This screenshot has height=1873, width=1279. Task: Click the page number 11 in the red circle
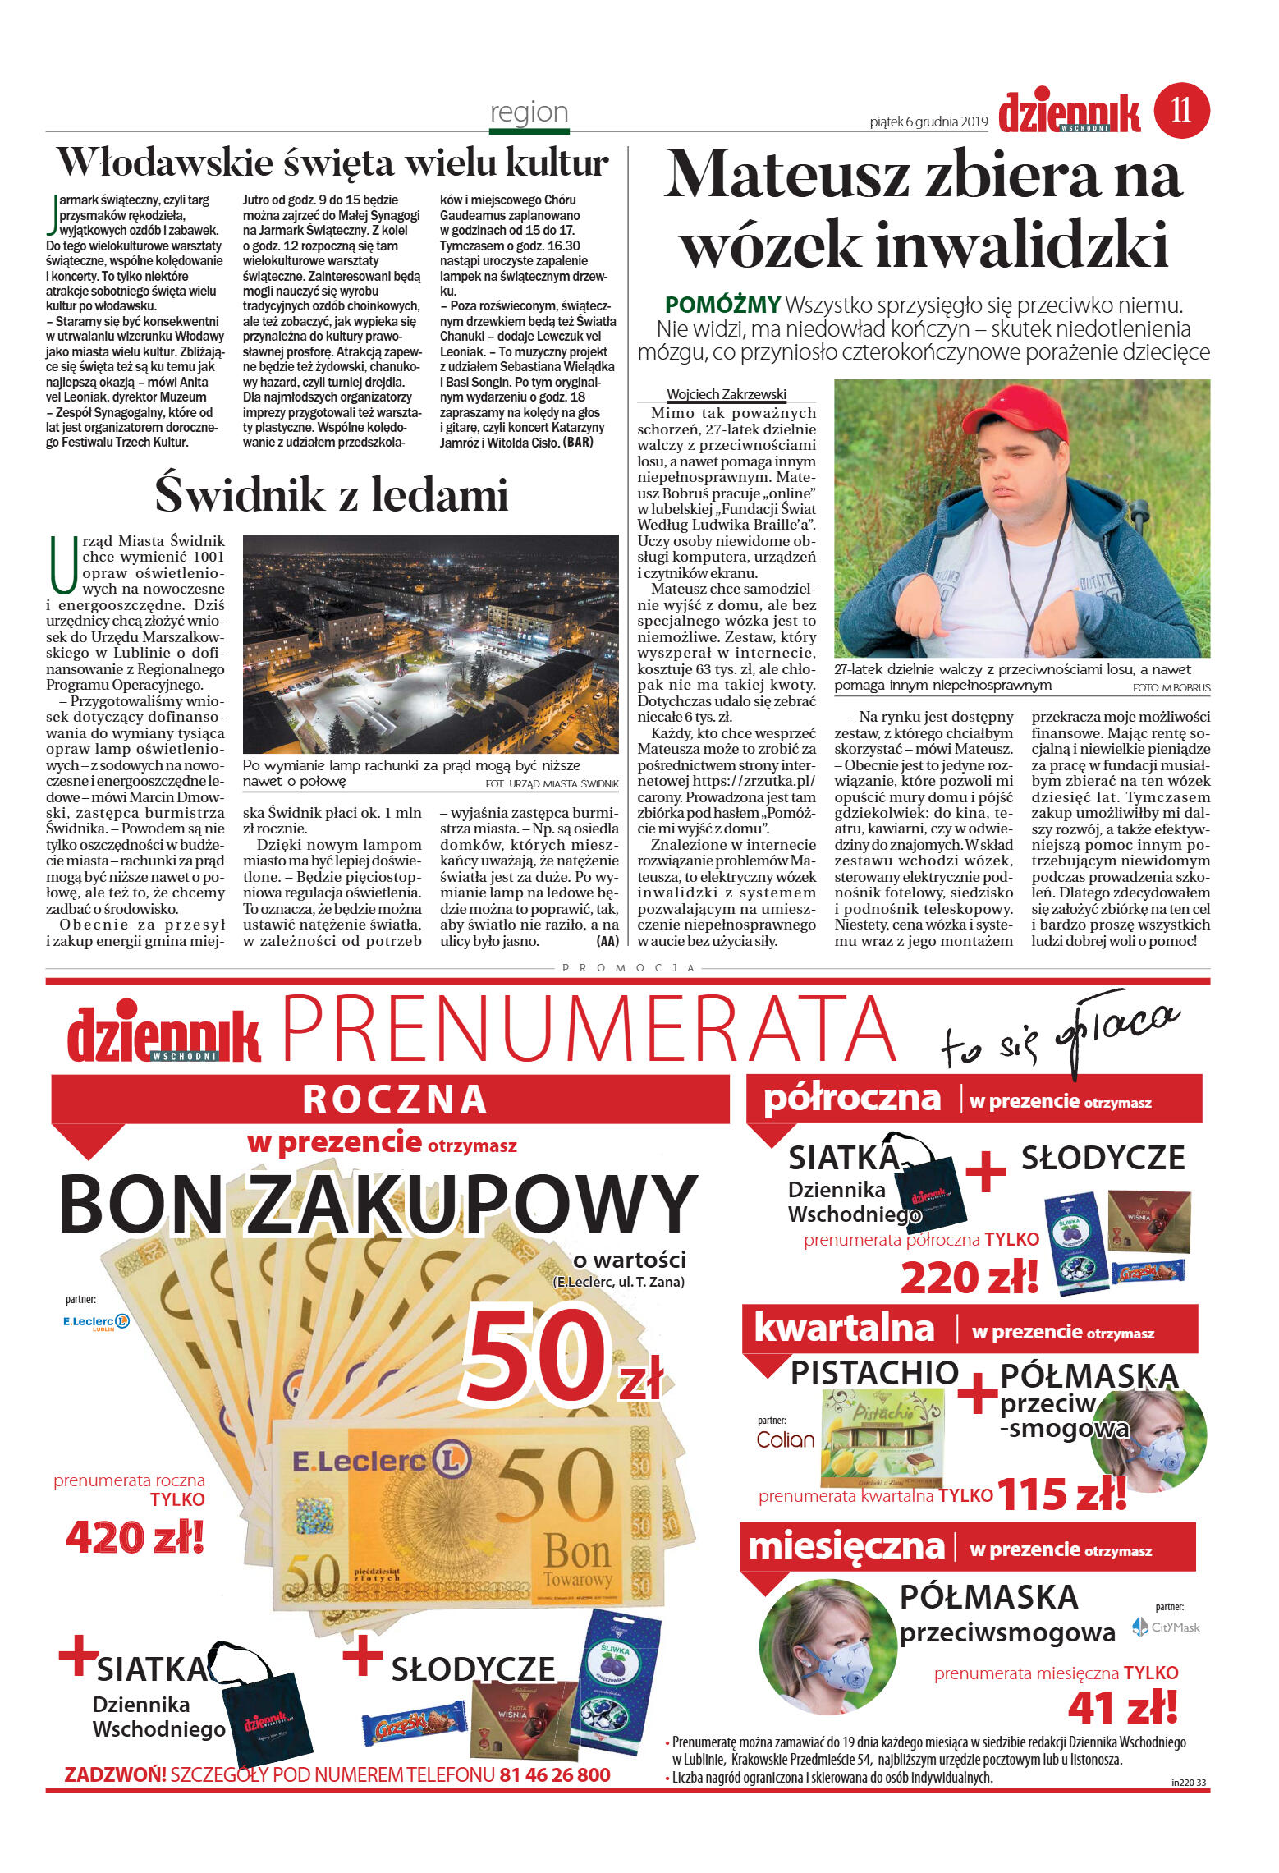click(1181, 110)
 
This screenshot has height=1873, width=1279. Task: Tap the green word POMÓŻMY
click(722, 305)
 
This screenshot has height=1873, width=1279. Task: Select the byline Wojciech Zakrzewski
click(726, 394)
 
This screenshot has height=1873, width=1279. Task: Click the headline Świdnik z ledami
click(332, 495)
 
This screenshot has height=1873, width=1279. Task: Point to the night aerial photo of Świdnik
click(430, 644)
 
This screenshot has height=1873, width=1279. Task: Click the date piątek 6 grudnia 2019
click(928, 122)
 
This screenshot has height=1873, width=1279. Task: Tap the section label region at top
click(529, 112)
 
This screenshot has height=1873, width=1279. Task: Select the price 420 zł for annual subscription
click(135, 1536)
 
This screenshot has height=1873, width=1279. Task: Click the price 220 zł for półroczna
click(969, 1277)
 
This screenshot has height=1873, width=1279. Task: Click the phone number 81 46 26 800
click(554, 1774)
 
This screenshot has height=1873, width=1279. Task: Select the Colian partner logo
click(785, 1439)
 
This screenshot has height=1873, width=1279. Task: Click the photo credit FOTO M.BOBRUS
click(1171, 687)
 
